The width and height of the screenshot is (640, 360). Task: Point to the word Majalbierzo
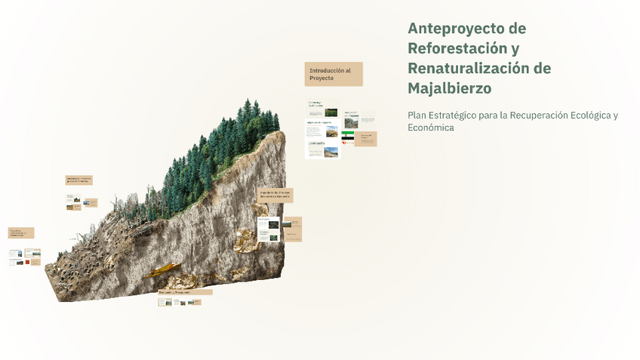[449, 88]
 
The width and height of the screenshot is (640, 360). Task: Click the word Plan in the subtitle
[417, 115]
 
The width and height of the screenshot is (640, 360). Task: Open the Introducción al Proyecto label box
[334, 74]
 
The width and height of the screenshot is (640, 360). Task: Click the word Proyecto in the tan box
[322, 78]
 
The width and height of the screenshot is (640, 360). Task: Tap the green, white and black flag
[347, 137]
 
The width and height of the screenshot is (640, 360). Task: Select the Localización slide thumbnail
[322, 149]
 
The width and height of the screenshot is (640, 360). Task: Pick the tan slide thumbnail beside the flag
[366, 139]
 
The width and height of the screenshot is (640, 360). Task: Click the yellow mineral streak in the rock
[162, 269]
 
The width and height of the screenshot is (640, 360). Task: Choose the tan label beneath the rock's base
[185, 292]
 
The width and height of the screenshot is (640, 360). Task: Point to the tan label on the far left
[21, 233]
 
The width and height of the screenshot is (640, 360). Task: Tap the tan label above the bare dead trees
[78, 180]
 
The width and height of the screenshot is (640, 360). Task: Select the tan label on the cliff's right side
[275, 195]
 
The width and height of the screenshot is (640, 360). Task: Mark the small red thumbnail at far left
[32, 254]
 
